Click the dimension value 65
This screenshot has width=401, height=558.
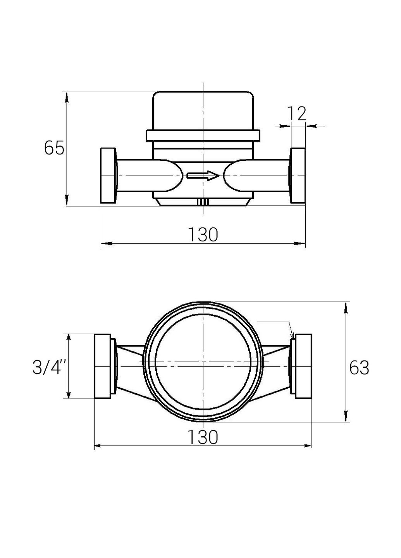click(54, 148)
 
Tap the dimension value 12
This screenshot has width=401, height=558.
click(297, 114)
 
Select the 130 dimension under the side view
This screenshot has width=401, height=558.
click(203, 235)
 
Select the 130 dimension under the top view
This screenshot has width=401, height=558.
click(203, 437)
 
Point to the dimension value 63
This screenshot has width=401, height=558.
click(359, 368)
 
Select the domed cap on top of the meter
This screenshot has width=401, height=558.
click(203, 110)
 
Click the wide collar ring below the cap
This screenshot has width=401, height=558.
click(203, 136)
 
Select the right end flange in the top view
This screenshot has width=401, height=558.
click(303, 366)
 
